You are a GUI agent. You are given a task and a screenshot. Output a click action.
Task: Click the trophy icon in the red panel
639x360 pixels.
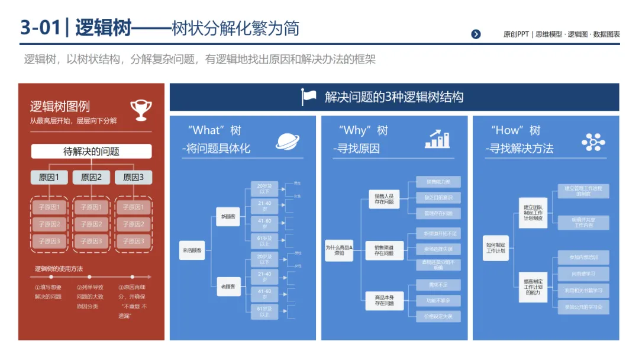click(x=141, y=110)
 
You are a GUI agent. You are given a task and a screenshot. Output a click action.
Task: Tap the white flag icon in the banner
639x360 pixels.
click(x=309, y=97)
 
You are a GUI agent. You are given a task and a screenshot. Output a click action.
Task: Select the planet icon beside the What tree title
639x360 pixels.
click(x=287, y=141)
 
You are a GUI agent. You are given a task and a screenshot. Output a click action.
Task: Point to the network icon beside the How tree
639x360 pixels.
click(x=593, y=142)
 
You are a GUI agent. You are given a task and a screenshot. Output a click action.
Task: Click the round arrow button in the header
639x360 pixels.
click(x=476, y=34)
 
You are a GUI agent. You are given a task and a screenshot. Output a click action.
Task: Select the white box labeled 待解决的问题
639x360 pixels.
click(x=91, y=152)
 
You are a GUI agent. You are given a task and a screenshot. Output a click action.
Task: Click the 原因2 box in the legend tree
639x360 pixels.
click(x=91, y=177)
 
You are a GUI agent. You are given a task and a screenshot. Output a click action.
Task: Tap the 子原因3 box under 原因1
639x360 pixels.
click(x=50, y=241)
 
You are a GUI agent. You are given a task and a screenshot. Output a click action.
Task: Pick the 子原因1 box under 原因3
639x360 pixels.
click(x=133, y=207)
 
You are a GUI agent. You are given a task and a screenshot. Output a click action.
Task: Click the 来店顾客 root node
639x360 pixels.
click(x=192, y=250)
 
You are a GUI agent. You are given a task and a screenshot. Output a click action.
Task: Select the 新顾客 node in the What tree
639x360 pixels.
click(x=228, y=217)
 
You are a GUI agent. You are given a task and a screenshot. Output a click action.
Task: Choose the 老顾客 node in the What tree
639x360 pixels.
click(x=228, y=287)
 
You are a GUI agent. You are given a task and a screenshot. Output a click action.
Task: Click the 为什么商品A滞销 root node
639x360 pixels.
click(x=339, y=249)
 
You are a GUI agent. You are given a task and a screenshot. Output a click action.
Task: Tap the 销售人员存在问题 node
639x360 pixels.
click(x=384, y=198)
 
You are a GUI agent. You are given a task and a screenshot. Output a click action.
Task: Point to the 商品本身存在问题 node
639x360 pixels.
click(x=384, y=300)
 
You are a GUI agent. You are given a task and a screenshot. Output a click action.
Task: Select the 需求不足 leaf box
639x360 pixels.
click(x=438, y=285)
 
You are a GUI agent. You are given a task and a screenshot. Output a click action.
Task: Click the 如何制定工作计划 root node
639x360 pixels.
click(x=495, y=247)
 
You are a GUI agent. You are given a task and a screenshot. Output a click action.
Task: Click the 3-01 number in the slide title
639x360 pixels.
click(x=39, y=28)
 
